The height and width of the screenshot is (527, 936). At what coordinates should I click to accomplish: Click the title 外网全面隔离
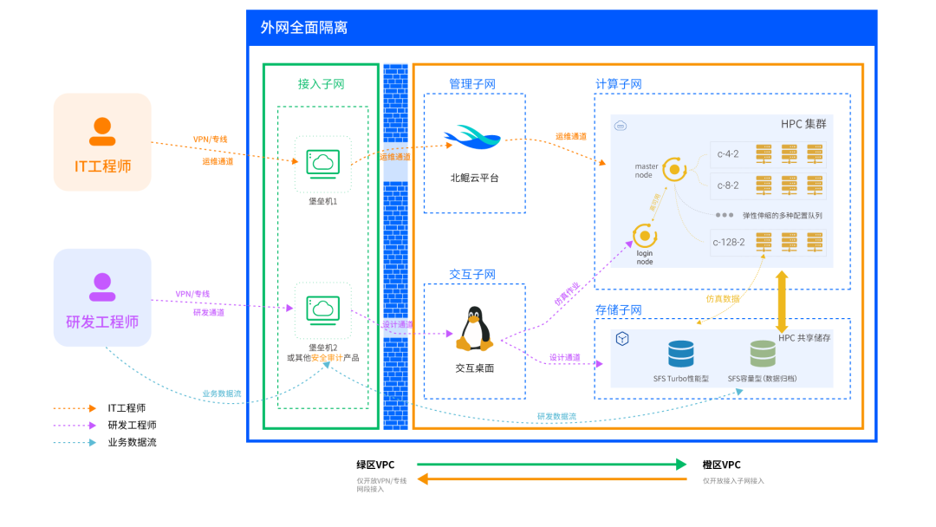[304, 28]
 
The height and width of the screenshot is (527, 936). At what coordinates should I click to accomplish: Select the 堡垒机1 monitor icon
[322, 162]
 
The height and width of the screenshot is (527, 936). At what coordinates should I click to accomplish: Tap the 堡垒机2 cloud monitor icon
[322, 309]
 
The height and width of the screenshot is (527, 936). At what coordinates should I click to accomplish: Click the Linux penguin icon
[473, 329]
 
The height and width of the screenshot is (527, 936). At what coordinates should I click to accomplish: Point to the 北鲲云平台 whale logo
[472, 137]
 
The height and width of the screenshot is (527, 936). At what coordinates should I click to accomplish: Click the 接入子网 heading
[322, 84]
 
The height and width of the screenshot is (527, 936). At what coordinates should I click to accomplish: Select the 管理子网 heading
[472, 84]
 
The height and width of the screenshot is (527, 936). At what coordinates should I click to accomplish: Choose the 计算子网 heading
[619, 84]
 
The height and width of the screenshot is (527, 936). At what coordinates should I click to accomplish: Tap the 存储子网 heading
[619, 309]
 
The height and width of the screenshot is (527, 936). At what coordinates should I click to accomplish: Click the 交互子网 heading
[472, 274]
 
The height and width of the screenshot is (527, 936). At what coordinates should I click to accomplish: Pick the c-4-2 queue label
[728, 154]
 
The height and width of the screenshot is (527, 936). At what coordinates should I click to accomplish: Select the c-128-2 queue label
[729, 242]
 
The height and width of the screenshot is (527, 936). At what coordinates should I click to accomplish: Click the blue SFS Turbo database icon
[681, 354]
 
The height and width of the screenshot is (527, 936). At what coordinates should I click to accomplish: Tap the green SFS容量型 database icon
[763, 354]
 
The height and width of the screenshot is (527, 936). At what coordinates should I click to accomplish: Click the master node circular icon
[674, 169]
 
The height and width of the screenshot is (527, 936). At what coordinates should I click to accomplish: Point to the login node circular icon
[644, 235]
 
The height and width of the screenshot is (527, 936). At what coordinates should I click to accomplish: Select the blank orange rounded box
[102, 142]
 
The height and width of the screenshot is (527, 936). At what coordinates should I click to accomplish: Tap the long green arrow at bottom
[551, 464]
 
